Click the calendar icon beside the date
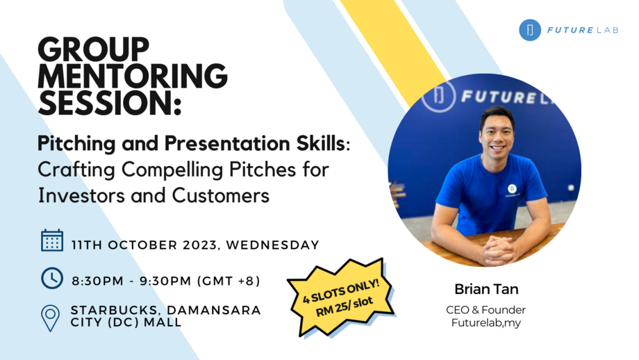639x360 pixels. [52, 240]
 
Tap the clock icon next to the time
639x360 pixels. [52, 277]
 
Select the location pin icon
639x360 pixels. [51, 317]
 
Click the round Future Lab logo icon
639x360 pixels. [530, 30]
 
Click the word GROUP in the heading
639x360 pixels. [93, 50]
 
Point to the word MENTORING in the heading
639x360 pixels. [133, 76]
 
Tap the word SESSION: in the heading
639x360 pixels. [110, 103]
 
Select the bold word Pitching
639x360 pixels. [72, 144]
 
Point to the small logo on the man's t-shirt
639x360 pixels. [511, 189]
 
